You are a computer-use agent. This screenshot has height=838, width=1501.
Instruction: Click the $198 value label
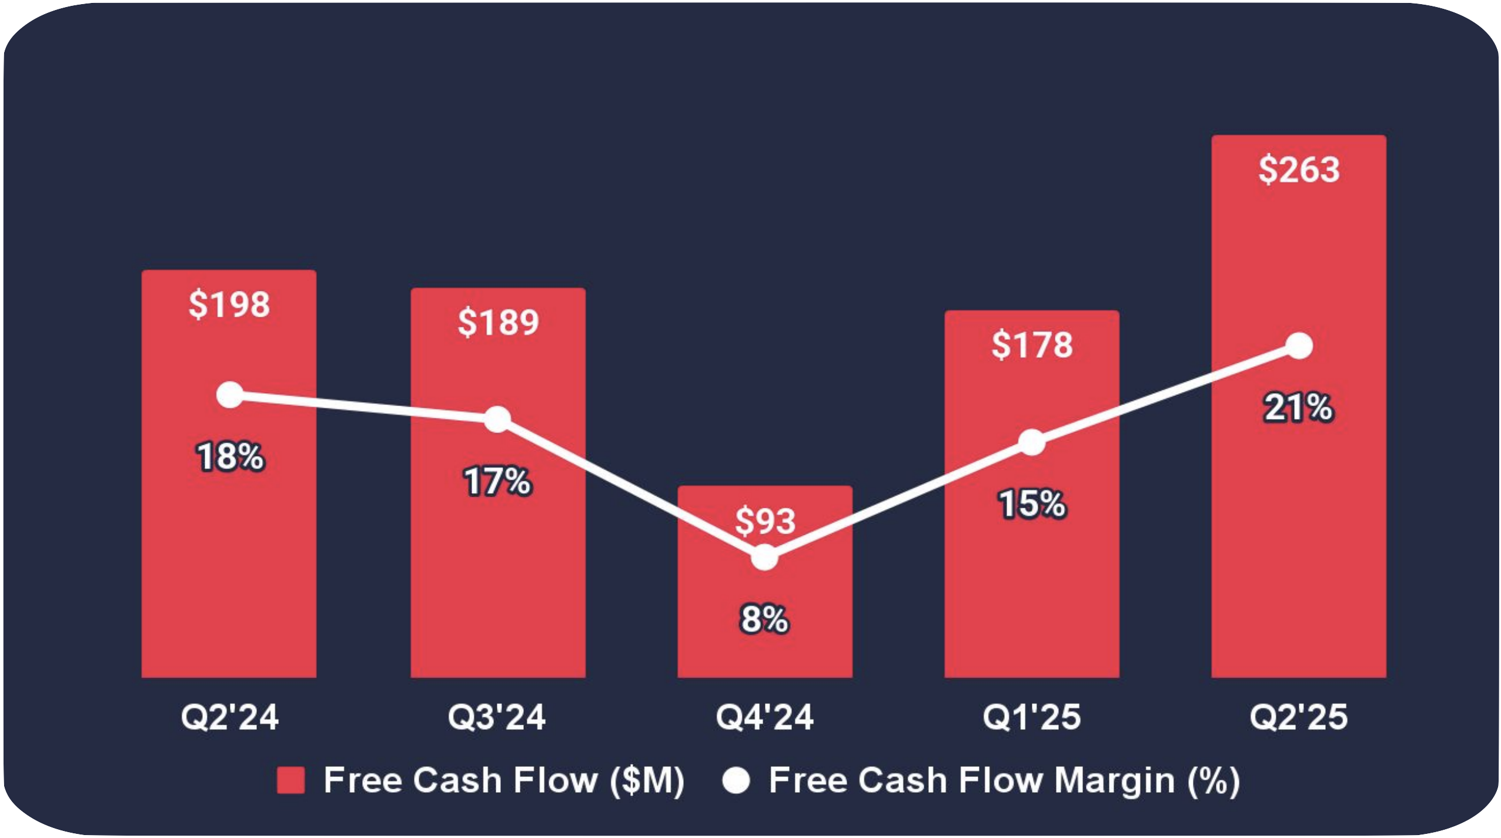point(229,304)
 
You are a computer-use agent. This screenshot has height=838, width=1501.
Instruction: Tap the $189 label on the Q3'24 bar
point(498,322)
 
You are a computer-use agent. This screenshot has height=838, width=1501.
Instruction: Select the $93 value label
point(765,521)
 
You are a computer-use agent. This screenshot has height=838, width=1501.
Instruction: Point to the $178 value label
point(1032,344)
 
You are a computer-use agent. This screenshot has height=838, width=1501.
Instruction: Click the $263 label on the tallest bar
point(1299,169)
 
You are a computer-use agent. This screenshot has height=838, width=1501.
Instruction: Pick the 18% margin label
point(230,457)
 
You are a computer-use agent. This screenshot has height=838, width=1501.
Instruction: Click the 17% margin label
point(497,481)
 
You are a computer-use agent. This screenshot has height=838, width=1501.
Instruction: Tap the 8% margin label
point(764,619)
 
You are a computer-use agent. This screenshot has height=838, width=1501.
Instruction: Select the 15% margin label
point(1032,504)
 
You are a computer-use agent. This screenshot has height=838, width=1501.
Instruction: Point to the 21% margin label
point(1299,408)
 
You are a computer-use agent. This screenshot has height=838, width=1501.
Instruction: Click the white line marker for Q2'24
point(230,395)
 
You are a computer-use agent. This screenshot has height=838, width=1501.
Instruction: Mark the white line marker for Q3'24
point(497,419)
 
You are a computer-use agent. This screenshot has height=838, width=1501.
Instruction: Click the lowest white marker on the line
point(764,557)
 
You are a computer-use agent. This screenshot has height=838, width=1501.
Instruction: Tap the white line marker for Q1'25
point(1032,443)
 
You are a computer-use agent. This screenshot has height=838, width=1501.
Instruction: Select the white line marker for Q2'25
point(1299,346)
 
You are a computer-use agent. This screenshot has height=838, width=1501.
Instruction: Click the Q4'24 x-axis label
point(764,717)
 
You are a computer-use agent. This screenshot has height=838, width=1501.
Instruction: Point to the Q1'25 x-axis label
point(1032,717)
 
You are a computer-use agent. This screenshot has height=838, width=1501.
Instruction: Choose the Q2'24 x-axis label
point(229,717)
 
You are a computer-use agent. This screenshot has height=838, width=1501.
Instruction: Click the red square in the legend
point(290,780)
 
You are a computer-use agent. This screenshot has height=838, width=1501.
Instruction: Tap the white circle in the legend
point(736,780)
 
